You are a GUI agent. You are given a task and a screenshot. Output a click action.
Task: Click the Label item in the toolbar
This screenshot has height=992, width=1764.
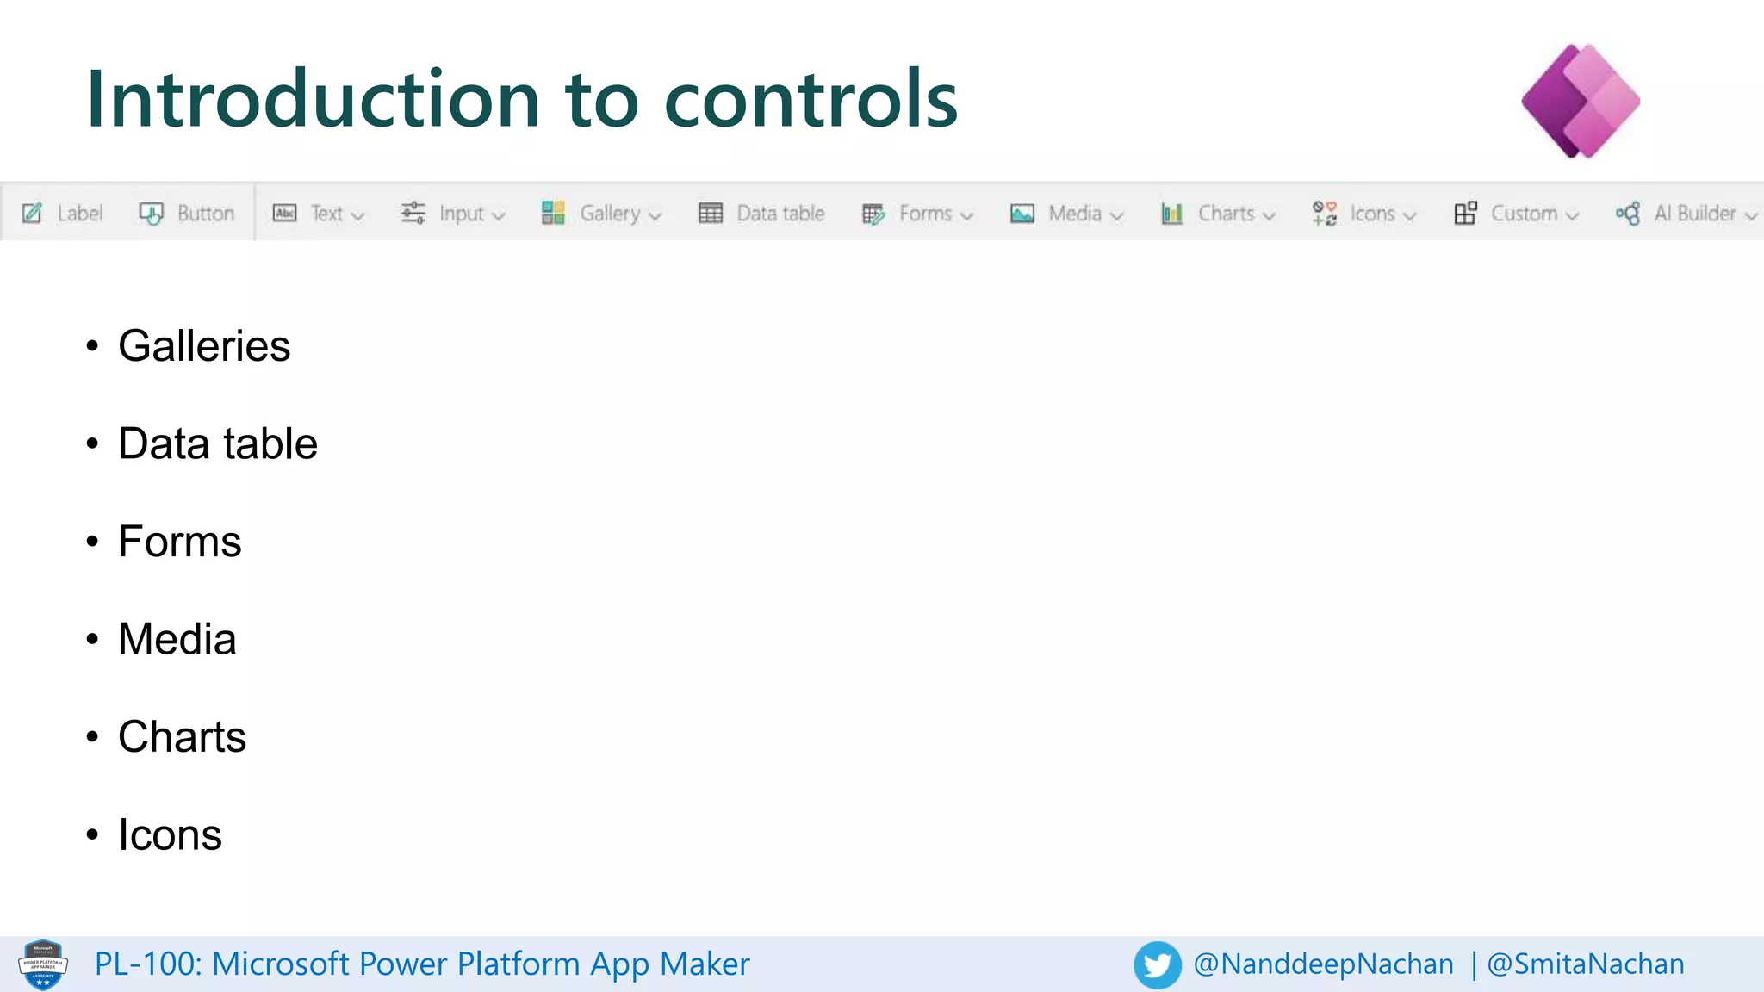point(63,213)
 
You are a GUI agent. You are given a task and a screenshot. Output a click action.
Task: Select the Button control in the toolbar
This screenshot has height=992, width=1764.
point(187,213)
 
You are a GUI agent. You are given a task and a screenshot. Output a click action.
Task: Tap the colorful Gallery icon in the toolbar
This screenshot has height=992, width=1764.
point(553,213)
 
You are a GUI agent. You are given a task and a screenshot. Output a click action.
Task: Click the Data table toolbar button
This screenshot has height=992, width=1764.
point(761,213)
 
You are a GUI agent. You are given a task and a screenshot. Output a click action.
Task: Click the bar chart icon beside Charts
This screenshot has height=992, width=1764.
point(1172,213)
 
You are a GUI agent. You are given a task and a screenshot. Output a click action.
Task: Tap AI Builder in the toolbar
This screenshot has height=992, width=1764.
point(1686,213)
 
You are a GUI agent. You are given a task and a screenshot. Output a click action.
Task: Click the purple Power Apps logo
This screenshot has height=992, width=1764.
point(1581,101)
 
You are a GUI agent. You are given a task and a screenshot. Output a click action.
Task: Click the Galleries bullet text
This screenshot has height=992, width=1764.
point(204,346)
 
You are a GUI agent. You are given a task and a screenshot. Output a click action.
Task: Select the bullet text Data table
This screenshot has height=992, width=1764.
point(218,443)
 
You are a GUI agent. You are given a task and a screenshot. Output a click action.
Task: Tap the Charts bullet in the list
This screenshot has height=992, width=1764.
point(183,737)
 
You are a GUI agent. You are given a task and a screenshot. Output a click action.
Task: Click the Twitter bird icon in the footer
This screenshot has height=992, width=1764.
point(1157,964)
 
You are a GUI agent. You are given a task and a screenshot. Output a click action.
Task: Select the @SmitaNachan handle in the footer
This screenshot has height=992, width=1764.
point(1586,964)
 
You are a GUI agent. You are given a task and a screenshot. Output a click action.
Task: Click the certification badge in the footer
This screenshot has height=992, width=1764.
point(43,964)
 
